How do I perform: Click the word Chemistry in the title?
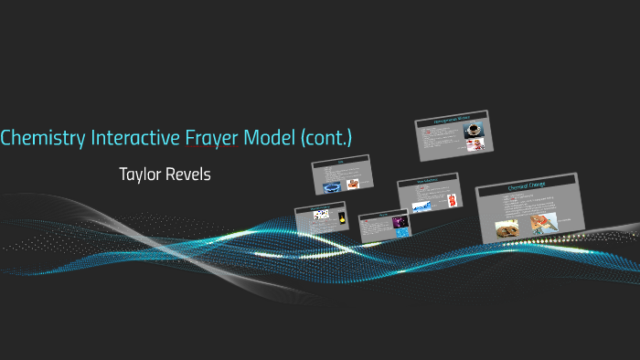[x=42, y=138]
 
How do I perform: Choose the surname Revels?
[x=188, y=174]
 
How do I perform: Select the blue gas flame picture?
[x=330, y=185]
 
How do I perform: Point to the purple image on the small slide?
[x=399, y=222]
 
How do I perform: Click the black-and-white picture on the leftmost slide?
[x=320, y=215]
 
